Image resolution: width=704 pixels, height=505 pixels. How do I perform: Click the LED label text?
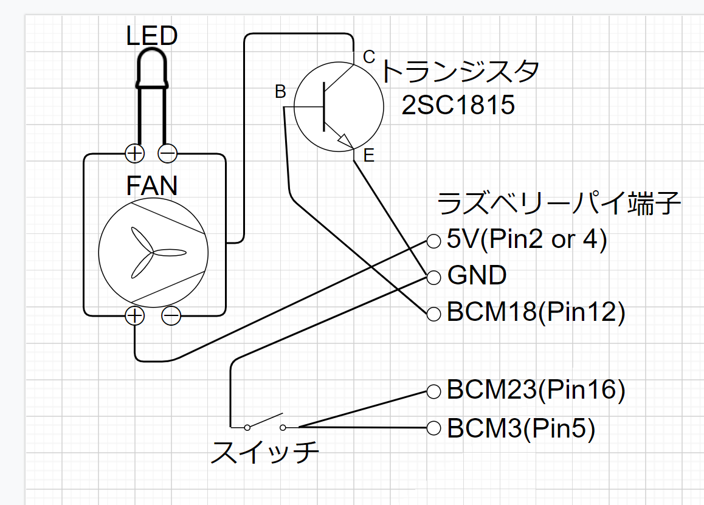point(152,36)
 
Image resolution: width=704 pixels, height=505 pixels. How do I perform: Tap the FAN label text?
point(152,185)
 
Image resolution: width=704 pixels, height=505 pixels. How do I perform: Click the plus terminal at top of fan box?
point(135,154)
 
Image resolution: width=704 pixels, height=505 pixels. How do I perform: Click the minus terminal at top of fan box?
point(168,154)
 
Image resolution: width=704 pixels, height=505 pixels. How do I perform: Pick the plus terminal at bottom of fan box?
point(134,315)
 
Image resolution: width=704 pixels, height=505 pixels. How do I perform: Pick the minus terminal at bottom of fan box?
point(171,315)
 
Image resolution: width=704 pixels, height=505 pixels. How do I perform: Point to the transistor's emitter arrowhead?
point(345,141)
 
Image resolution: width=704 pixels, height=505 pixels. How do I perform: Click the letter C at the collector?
point(369,57)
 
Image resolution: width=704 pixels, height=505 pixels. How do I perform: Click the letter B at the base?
point(280,92)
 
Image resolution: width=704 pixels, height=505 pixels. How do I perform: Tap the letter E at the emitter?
point(368,156)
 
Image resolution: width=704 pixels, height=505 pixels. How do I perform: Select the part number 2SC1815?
point(458,106)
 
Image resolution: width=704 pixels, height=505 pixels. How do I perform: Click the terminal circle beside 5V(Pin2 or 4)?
point(433,241)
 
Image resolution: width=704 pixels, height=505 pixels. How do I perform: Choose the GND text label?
point(477,276)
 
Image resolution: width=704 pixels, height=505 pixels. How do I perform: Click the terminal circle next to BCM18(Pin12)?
point(433,314)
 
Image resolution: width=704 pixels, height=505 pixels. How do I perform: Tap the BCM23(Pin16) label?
point(536,390)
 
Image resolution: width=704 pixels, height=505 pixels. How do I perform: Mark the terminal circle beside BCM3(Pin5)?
point(433,428)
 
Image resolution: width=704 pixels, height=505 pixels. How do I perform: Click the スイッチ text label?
point(264,453)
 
